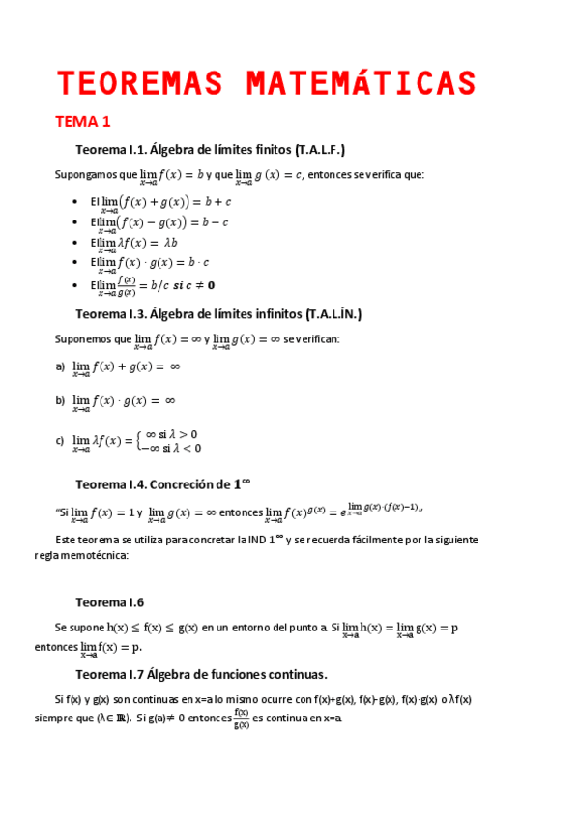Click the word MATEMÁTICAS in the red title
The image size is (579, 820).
(x=362, y=83)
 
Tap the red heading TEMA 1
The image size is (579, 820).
(x=83, y=122)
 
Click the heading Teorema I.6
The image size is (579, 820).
(x=109, y=601)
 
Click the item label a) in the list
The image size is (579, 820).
(x=60, y=366)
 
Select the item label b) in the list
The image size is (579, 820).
(x=60, y=400)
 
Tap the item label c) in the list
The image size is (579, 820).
(x=60, y=441)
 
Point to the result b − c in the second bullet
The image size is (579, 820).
(x=213, y=222)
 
